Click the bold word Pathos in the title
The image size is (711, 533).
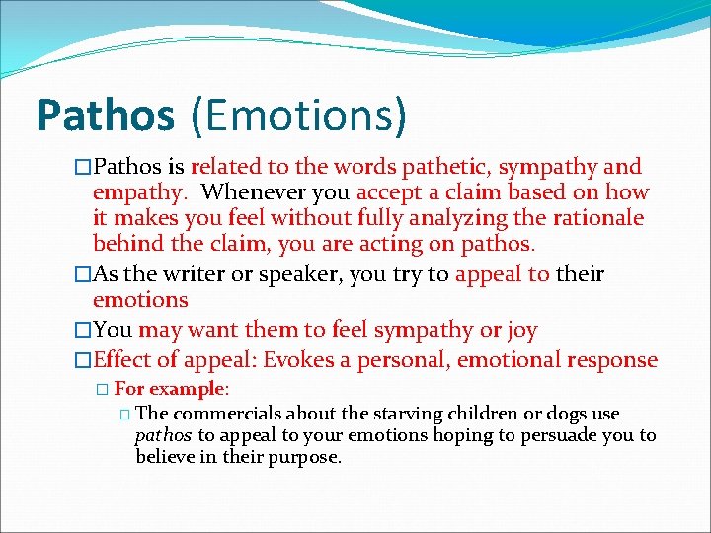coord(105,114)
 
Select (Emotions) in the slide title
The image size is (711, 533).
coord(298,114)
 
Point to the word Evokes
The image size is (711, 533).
coord(336,360)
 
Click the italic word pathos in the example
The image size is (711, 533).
coord(163,435)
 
